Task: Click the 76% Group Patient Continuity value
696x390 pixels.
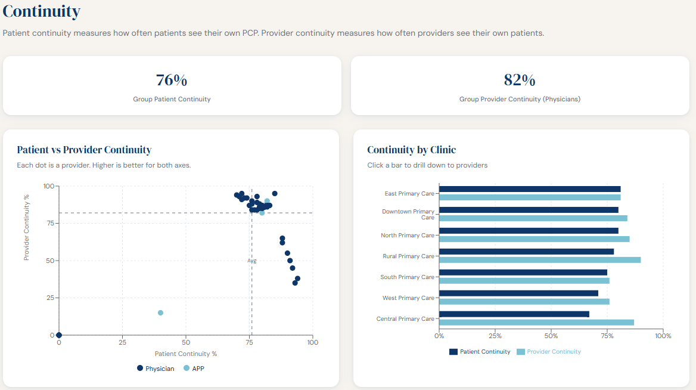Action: (x=172, y=80)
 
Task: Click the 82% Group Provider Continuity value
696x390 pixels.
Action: (x=520, y=80)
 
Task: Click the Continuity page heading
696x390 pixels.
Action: (x=42, y=11)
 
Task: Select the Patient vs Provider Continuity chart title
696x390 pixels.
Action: (x=84, y=150)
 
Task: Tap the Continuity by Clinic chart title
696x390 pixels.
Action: (x=411, y=150)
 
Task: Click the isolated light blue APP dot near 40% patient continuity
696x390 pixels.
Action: (x=160, y=312)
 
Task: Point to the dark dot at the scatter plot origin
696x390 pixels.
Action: (x=59, y=335)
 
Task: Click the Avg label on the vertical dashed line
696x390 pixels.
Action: (x=252, y=261)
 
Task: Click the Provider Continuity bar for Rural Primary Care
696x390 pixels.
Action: (x=540, y=260)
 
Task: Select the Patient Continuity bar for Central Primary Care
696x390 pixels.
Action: (x=514, y=314)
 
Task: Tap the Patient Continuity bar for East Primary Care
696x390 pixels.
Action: (x=530, y=189)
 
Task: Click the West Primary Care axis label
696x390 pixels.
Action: (x=408, y=298)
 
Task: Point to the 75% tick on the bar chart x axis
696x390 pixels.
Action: (x=607, y=336)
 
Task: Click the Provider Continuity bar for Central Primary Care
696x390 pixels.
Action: (x=536, y=323)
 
